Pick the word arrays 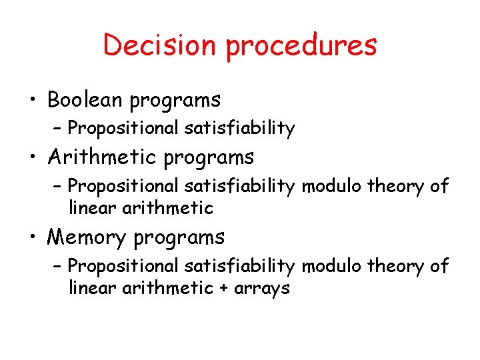pyautogui.click(x=263, y=289)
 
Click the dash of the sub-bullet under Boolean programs pyautogui.click(x=58, y=128)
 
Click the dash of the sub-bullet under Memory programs pyautogui.click(x=58, y=266)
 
